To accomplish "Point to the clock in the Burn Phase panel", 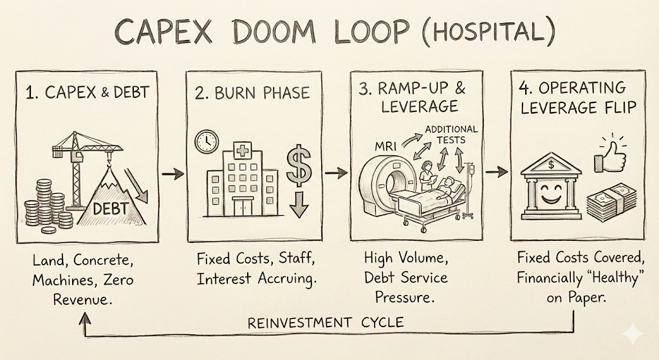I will [x=206, y=142].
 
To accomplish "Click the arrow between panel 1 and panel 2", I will [x=172, y=173].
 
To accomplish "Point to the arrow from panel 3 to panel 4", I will [x=495, y=173].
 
